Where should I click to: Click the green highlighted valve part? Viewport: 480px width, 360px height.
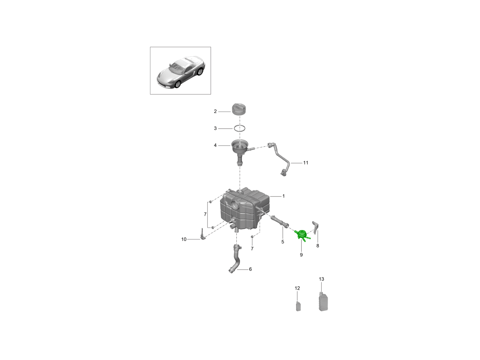click(x=302, y=235)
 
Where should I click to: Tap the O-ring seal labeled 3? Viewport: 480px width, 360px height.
click(x=240, y=128)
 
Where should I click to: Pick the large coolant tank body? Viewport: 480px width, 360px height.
click(x=244, y=210)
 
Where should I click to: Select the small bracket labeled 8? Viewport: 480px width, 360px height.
click(x=316, y=227)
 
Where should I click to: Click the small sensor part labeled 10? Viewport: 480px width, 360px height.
click(x=50, y=234)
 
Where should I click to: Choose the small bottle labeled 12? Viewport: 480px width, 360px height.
click(x=298, y=306)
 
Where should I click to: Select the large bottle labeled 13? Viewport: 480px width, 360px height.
click(x=324, y=302)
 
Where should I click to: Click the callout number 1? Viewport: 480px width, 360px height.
click(x=284, y=196)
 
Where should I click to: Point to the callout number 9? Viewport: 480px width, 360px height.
click(x=301, y=255)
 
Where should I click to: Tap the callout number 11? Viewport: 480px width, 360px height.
click(x=306, y=163)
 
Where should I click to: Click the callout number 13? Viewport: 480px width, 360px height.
click(x=321, y=279)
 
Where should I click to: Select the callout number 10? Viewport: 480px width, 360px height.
click(x=184, y=239)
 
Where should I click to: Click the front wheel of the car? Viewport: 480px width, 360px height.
click(x=178, y=84)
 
